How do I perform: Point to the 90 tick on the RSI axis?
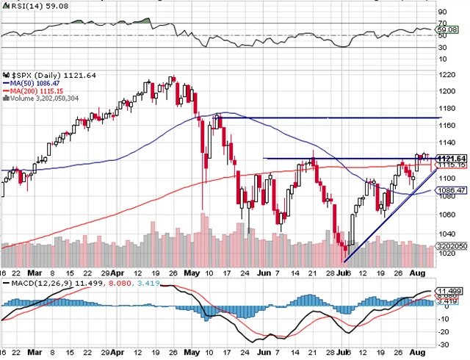coord(442,12)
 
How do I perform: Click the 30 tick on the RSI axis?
coord(442,48)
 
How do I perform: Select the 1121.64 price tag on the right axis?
coord(448,159)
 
